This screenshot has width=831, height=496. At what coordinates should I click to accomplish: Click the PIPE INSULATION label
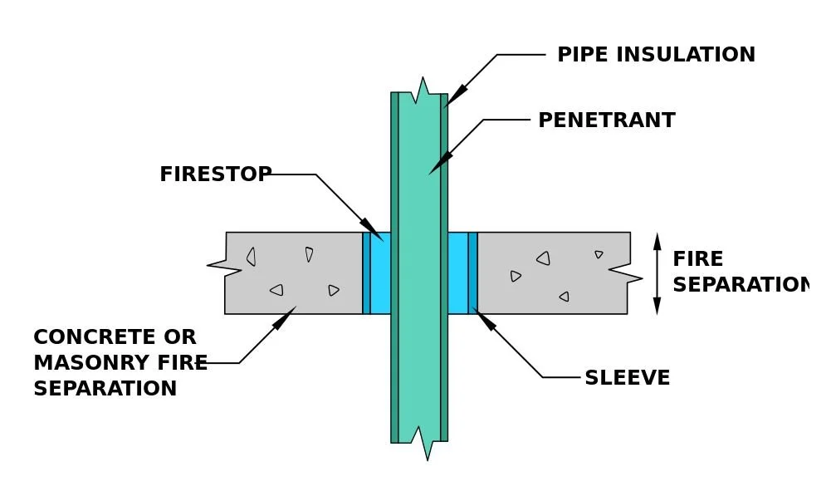(x=656, y=55)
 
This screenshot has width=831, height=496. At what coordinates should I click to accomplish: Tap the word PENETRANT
(x=606, y=120)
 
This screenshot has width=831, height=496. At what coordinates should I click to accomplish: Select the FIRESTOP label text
(x=215, y=174)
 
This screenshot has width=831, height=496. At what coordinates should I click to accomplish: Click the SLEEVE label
(x=627, y=378)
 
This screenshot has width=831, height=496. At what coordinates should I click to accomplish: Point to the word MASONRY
(x=83, y=363)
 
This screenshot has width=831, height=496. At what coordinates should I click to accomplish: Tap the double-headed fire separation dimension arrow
(x=657, y=273)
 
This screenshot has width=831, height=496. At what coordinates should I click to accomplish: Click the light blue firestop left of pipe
(x=380, y=273)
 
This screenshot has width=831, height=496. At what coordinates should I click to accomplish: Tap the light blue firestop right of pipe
(x=457, y=273)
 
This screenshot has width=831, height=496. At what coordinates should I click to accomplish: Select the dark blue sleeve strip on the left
(x=366, y=273)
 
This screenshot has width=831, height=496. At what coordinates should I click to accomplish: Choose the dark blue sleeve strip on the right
(x=472, y=273)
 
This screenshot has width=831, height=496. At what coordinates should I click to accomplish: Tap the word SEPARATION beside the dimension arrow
(x=739, y=285)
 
